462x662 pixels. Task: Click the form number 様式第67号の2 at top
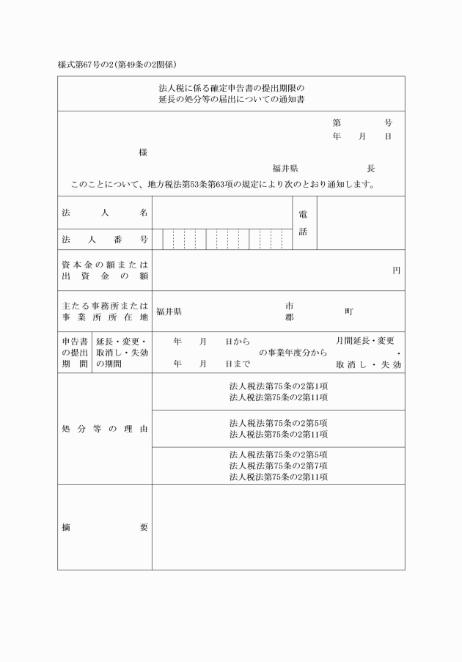pos(86,65)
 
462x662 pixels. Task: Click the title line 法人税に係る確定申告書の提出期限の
pos(231,87)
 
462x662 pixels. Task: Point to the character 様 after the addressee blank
pos(143,152)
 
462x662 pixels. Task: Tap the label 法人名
pos(105,213)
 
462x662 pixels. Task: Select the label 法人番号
pos(105,240)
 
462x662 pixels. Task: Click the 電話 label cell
pos(303,223)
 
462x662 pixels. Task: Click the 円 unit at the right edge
pos(396,271)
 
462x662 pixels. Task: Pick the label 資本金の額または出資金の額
pos(105,271)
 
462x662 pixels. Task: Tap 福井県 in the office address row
pos(169,312)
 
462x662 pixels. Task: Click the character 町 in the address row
pos(349,312)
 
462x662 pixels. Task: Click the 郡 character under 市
pos(290,318)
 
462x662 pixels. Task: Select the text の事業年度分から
pos(293,353)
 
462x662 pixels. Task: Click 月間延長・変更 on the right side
pos(364,341)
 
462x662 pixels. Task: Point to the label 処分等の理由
pos(105,428)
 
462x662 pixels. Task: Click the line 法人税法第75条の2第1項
pos(278,386)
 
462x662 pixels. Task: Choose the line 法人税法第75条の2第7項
pos(278,466)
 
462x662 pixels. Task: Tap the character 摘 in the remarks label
pos(66,527)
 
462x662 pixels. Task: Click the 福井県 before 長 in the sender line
pos(285,169)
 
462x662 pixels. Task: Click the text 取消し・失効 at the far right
pos(368,364)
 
